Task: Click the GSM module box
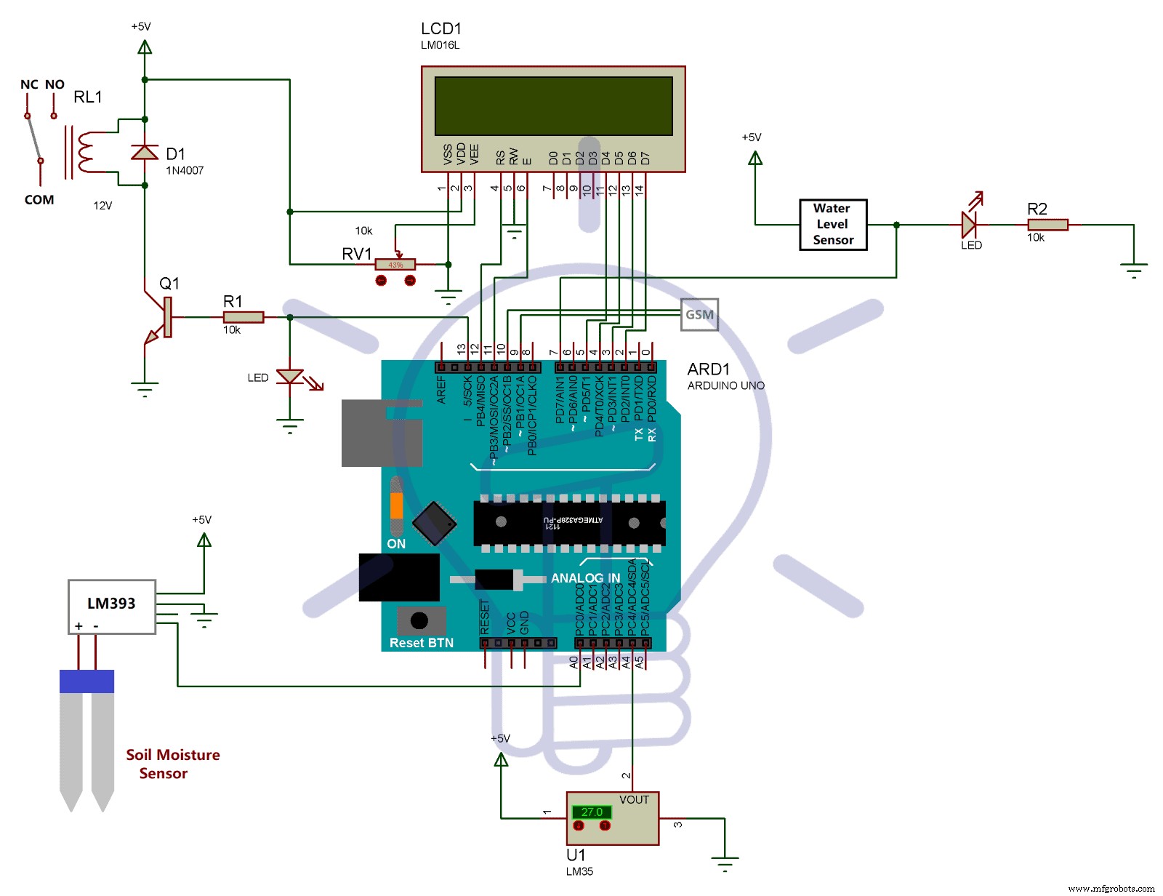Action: (699, 314)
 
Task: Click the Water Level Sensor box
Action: (833, 224)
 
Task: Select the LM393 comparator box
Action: (111, 606)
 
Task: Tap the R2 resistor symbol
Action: (1047, 225)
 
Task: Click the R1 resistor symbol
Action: (243, 317)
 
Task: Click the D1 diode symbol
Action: (145, 152)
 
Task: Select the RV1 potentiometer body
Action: (395, 265)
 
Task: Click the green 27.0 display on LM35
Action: (591, 812)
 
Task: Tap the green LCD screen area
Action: (553, 106)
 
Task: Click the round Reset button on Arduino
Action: (419, 620)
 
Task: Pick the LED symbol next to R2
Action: (969, 224)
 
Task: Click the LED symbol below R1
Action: (290, 377)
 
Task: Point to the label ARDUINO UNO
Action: (725, 385)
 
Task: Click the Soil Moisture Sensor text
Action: (172, 764)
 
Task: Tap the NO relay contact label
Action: (55, 84)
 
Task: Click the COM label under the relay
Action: (39, 199)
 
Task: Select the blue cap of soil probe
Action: (86, 681)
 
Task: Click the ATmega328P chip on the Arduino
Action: (569, 521)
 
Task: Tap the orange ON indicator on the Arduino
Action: (396, 505)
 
